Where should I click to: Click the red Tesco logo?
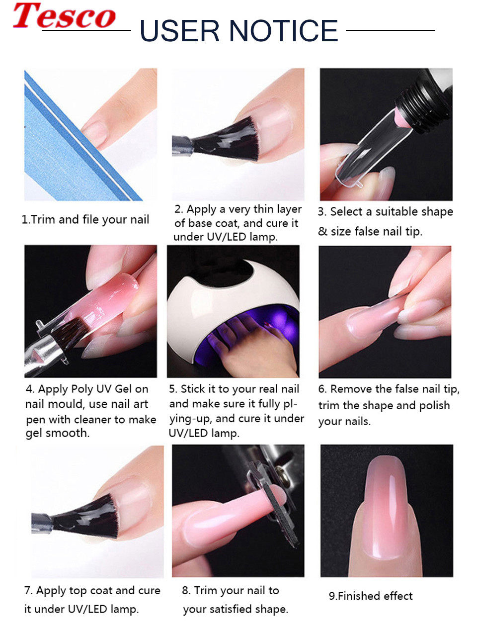coord(64,16)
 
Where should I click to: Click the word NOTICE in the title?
coord(284,30)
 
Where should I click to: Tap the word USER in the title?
coord(179,30)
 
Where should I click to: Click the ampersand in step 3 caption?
coord(322,232)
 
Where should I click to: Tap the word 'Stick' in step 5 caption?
coord(193,389)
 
